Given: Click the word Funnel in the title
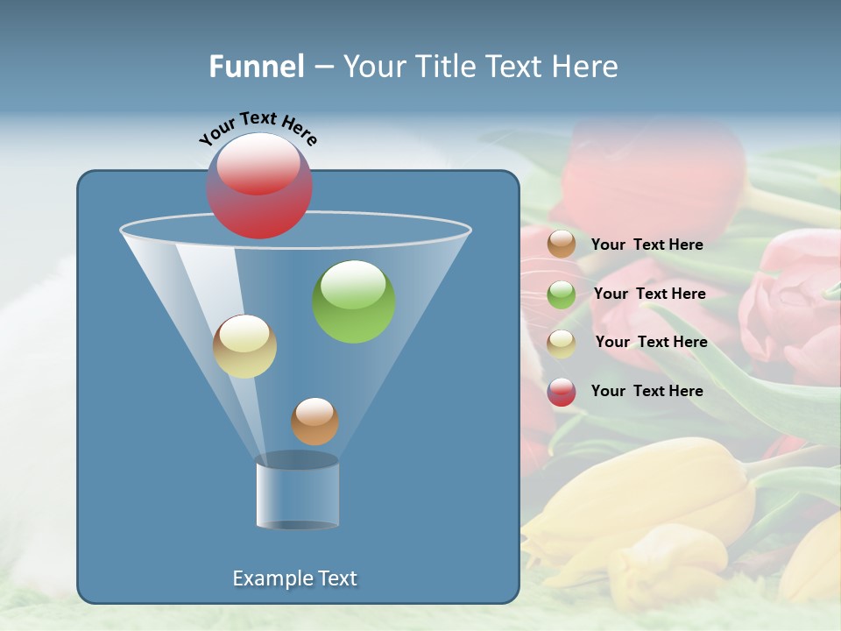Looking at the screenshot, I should pos(257,67).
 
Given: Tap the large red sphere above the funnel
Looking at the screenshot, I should pos(258,186).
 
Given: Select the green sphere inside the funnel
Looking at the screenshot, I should pos(354,301).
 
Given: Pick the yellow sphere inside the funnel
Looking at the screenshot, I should pos(244,346).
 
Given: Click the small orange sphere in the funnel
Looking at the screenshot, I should pos(314,421).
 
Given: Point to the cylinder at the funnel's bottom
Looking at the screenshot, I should pos(298,494).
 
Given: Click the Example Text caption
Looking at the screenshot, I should pos(295,578).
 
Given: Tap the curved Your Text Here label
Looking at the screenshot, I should pos(258,128).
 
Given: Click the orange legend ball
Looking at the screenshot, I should pos(562,245).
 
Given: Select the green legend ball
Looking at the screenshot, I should pos(562,294).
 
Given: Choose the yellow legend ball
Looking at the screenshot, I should pos(562,344).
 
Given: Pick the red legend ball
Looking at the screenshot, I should pos(562,392).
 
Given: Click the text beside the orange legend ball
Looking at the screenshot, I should pos(647,245).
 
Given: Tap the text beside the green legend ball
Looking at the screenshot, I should pos(649,294).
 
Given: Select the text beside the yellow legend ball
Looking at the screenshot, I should pos(651,342).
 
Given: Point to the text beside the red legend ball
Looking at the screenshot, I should pos(647,391).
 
